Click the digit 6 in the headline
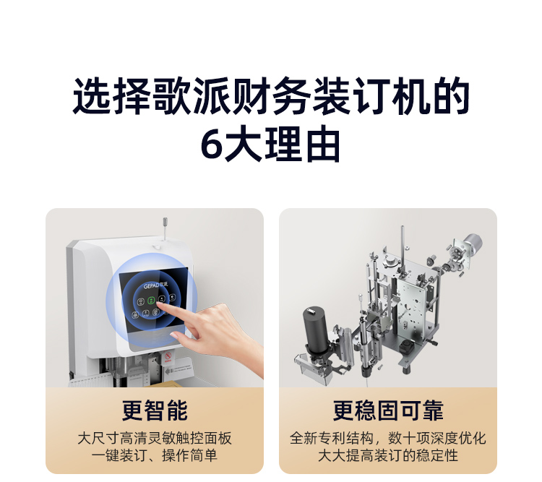click(x=212, y=145)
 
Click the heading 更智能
click(x=155, y=410)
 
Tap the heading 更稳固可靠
click(x=388, y=410)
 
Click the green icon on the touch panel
click(x=151, y=300)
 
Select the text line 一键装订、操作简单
click(x=155, y=455)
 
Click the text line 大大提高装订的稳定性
click(x=388, y=455)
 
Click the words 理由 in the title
click(x=302, y=145)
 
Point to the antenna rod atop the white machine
click(x=165, y=228)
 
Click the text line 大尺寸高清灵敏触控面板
click(x=155, y=438)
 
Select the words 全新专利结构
click(x=331, y=438)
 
